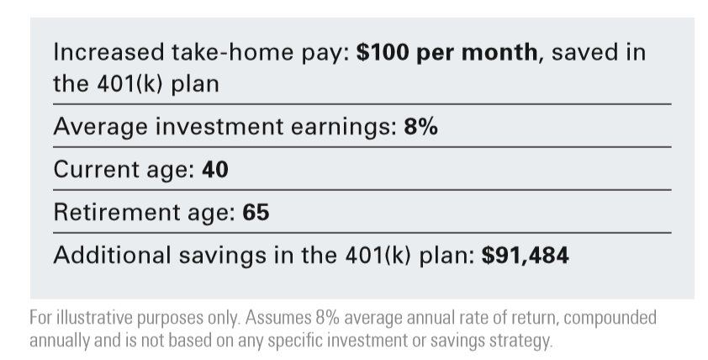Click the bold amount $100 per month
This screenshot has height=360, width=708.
pos(447,52)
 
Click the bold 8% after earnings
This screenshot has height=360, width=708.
pos(420,126)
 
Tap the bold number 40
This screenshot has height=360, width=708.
pos(215,170)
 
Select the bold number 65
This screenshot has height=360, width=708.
pos(256,213)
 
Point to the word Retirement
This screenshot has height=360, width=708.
pos(114,213)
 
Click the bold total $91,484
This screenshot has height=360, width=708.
pos(526,255)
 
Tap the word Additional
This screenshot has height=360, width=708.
pos(112,255)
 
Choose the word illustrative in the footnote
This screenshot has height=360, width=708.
pos(94,318)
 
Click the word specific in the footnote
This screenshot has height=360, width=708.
pos(292,341)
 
